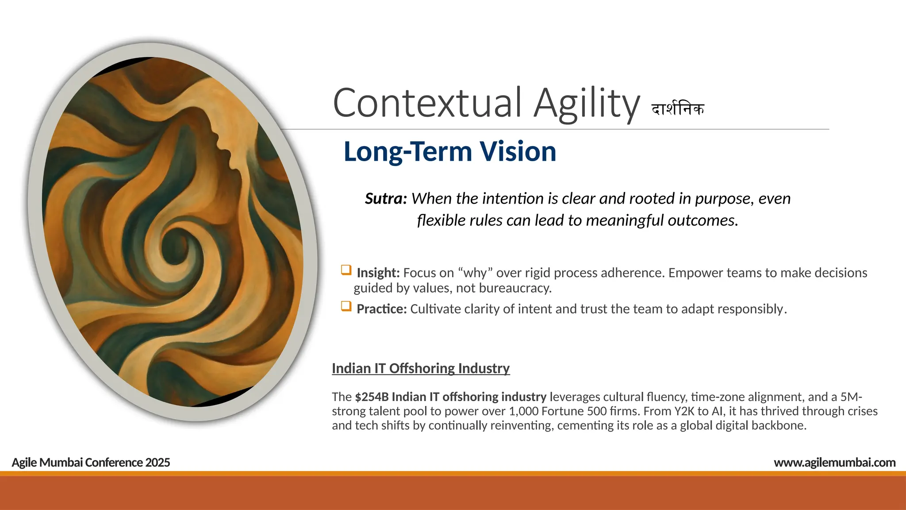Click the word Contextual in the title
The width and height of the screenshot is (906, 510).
427,103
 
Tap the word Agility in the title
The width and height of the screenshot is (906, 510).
587,104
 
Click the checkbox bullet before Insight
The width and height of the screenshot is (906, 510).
346,270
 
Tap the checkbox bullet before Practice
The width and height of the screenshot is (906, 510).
346,306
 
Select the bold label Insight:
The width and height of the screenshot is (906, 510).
378,273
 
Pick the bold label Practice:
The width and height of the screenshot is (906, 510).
381,309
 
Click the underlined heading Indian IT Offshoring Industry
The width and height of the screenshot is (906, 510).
421,368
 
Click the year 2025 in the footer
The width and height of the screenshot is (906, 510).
157,463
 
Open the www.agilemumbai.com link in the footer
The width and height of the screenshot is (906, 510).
834,463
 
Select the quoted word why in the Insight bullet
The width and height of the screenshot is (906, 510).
476,273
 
